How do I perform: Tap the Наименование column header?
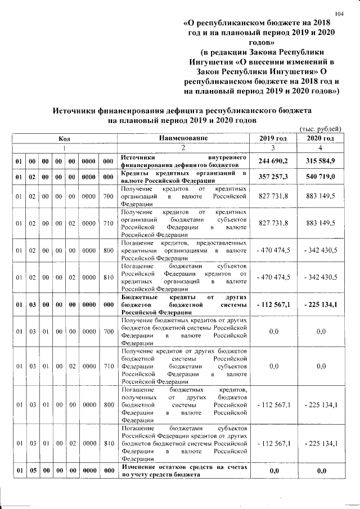(183, 138)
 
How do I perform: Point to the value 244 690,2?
(273, 161)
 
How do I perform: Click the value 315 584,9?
(320, 161)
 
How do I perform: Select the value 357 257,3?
(273, 177)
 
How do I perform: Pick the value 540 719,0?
(320, 177)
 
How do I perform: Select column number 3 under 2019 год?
(273, 148)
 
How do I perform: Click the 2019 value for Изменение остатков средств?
(273, 471)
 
